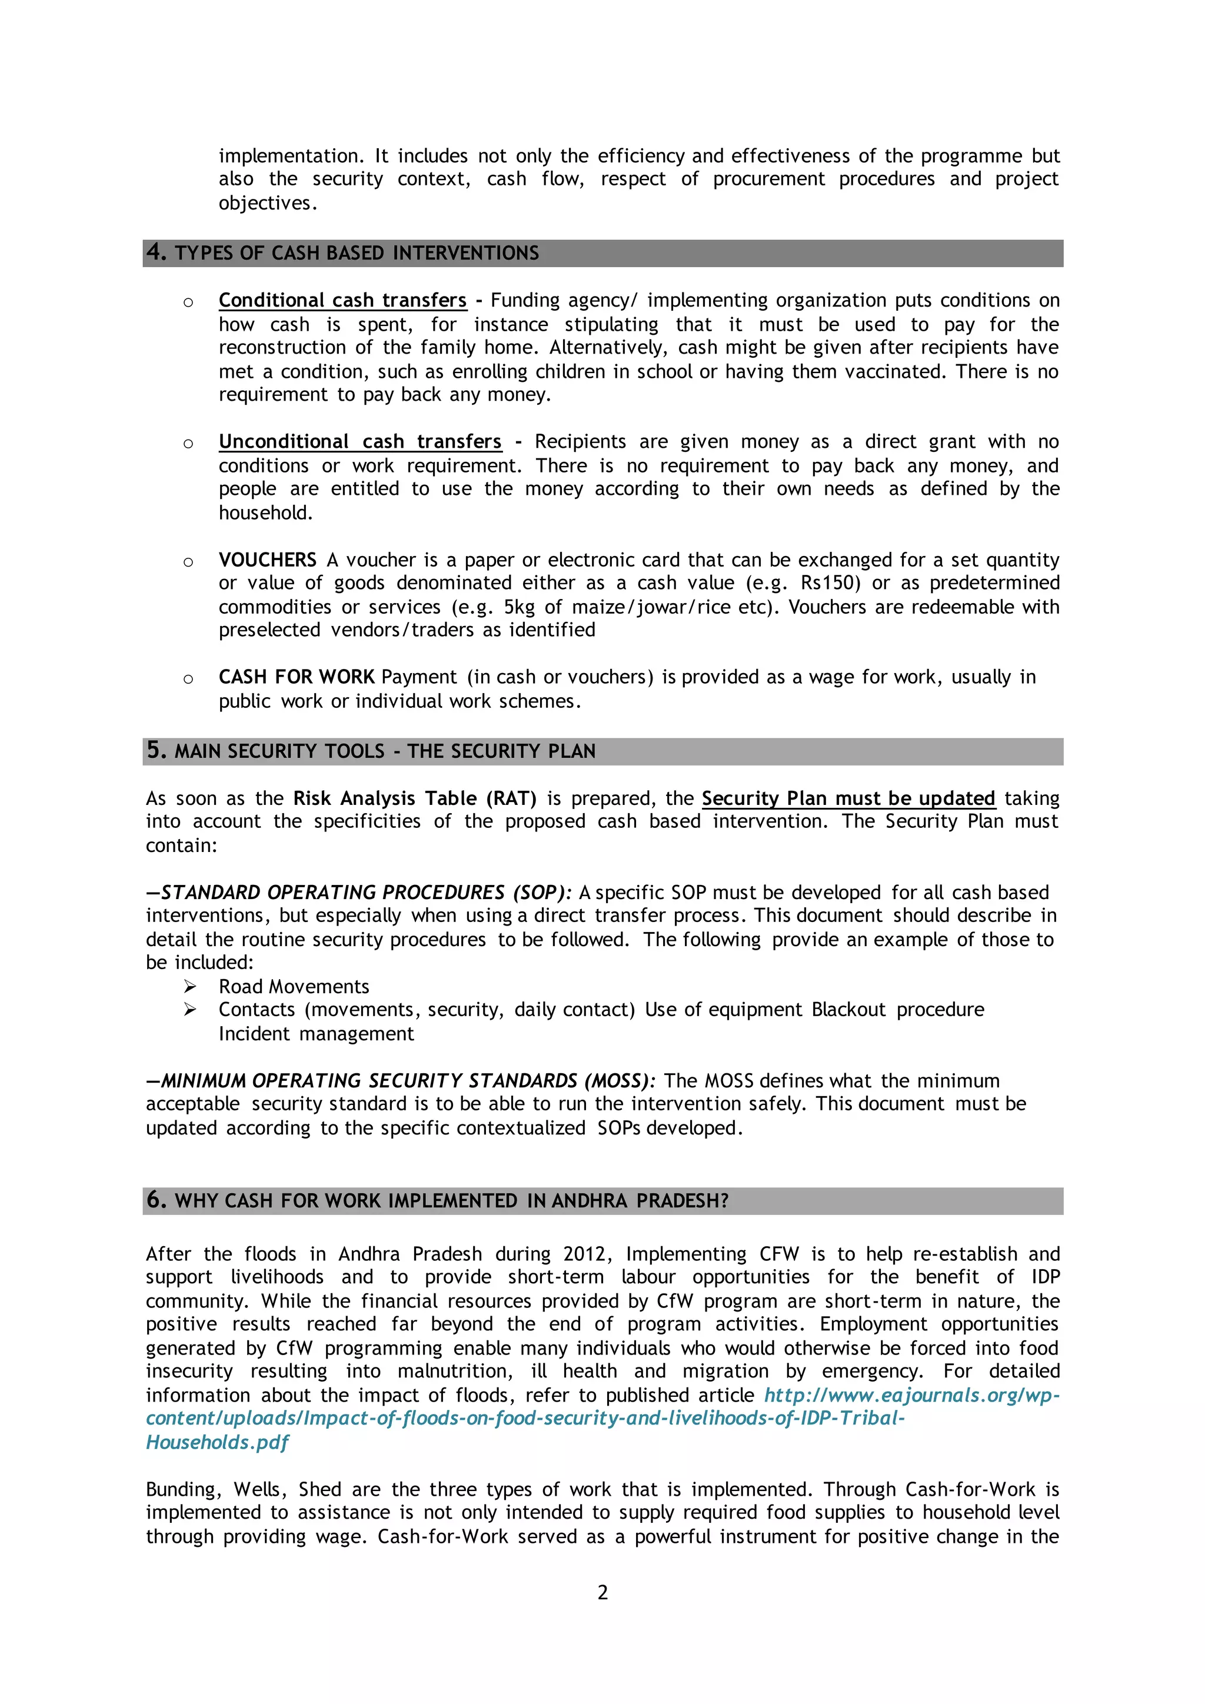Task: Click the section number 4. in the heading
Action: click(157, 252)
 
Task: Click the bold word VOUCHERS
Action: click(267, 560)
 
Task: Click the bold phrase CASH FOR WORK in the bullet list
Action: click(296, 677)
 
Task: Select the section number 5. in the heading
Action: click(157, 750)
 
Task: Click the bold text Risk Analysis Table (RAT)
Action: click(415, 798)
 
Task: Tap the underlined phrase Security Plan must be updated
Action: click(848, 798)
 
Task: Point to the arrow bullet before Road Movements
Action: click(190, 986)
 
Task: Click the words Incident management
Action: click(316, 1034)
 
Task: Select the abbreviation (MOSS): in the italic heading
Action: click(620, 1080)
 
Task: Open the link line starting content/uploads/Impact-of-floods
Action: click(525, 1418)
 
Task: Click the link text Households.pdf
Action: click(217, 1442)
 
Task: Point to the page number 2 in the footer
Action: click(602, 1592)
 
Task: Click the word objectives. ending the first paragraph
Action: click(268, 204)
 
